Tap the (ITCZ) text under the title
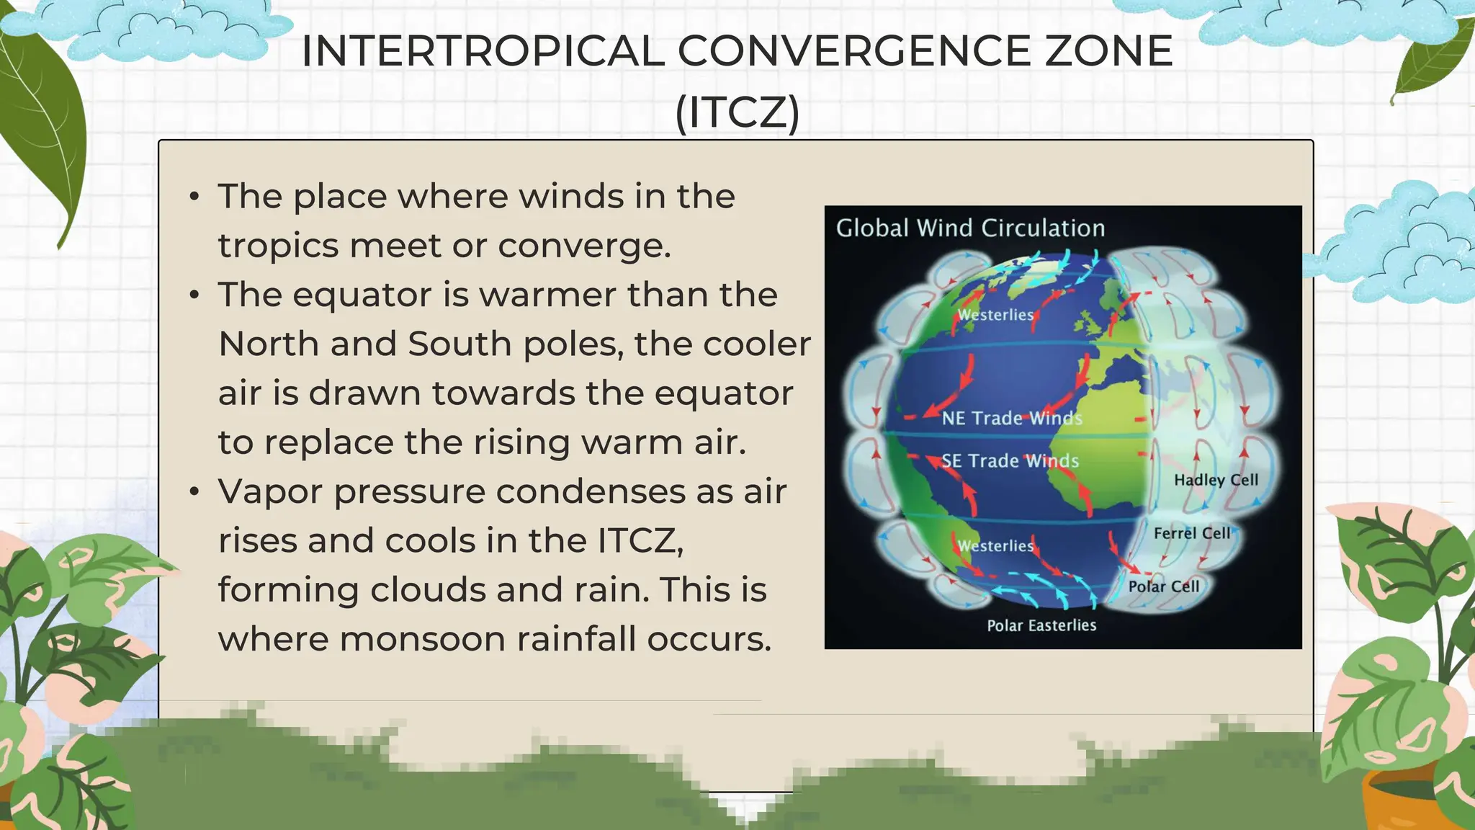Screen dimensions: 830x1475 [737, 112]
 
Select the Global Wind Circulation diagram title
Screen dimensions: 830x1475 [970, 228]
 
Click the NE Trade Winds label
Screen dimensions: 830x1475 [1011, 419]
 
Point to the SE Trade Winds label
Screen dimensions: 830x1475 [1010, 461]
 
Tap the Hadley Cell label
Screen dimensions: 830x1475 [1216, 481]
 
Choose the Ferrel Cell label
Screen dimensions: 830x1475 [1192, 534]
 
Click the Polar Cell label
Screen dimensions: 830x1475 [1163, 587]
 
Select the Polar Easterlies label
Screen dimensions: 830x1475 [1041, 626]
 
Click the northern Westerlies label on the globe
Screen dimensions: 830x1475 [995, 316]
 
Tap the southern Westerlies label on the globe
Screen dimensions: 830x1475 [995, 547]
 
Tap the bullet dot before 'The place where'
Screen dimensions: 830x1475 [194, 197]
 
